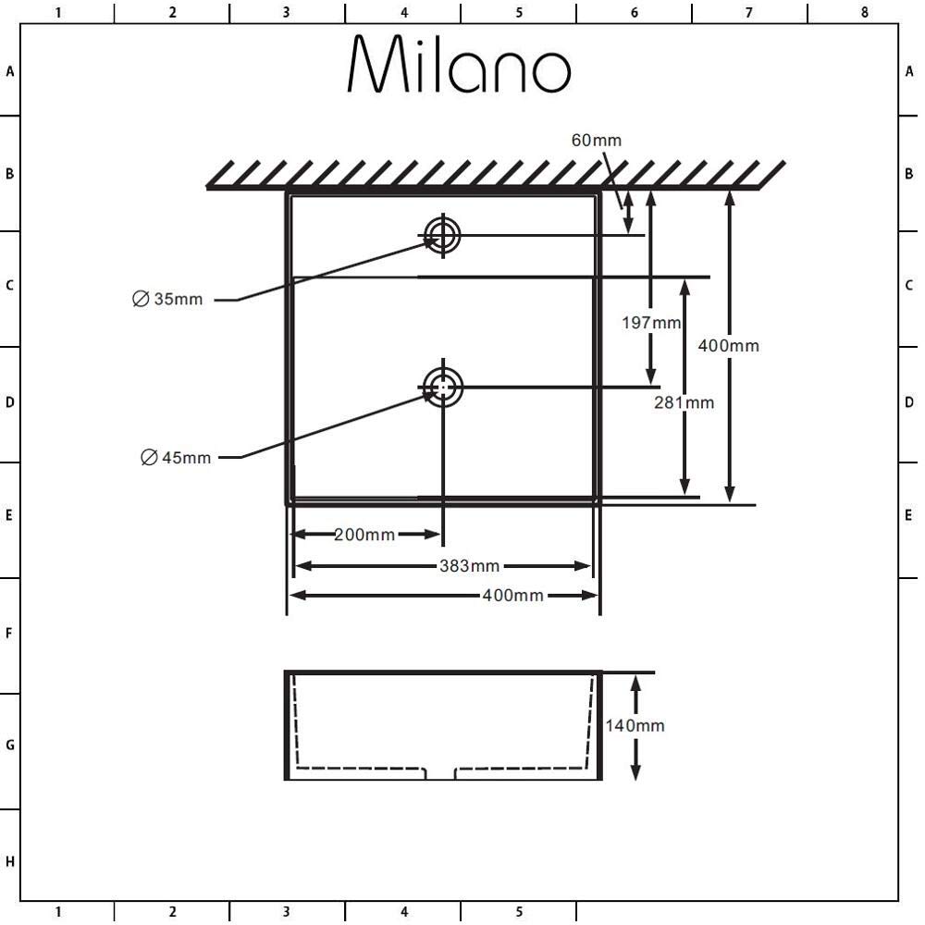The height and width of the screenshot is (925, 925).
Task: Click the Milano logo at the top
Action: [x=459, y=64]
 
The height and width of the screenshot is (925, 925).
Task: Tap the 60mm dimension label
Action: [x=597, y=141]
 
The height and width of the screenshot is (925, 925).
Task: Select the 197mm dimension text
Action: [x=651, y=323]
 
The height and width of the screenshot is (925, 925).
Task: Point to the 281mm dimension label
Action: [x=684, y=403]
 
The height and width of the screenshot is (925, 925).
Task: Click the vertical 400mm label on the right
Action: [x=729, y=346]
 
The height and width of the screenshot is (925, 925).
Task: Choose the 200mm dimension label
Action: [x=364, y=535]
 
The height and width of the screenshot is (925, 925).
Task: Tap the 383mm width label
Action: [x=470, y=566]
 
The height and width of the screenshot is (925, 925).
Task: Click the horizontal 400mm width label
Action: [x=513, y=596]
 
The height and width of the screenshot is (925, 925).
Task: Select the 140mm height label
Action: [x=635, y=725]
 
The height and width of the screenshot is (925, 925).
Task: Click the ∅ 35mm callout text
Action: [x=167, y=299]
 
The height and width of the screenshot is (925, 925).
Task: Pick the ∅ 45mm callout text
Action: [x=176, y=457]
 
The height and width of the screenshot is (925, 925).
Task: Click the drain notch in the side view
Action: [x=440, y=773]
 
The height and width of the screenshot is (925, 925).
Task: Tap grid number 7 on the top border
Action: [x=749, y=12]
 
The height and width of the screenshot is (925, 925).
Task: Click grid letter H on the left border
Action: [x=9, y=862]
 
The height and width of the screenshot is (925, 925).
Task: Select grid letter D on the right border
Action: [x=909, y=402]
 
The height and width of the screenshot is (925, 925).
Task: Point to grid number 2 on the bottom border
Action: [x=172, y=912]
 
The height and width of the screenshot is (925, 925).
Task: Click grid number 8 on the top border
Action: [x=864, y=12]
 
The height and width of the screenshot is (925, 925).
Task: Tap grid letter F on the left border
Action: [x=9, y=634]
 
